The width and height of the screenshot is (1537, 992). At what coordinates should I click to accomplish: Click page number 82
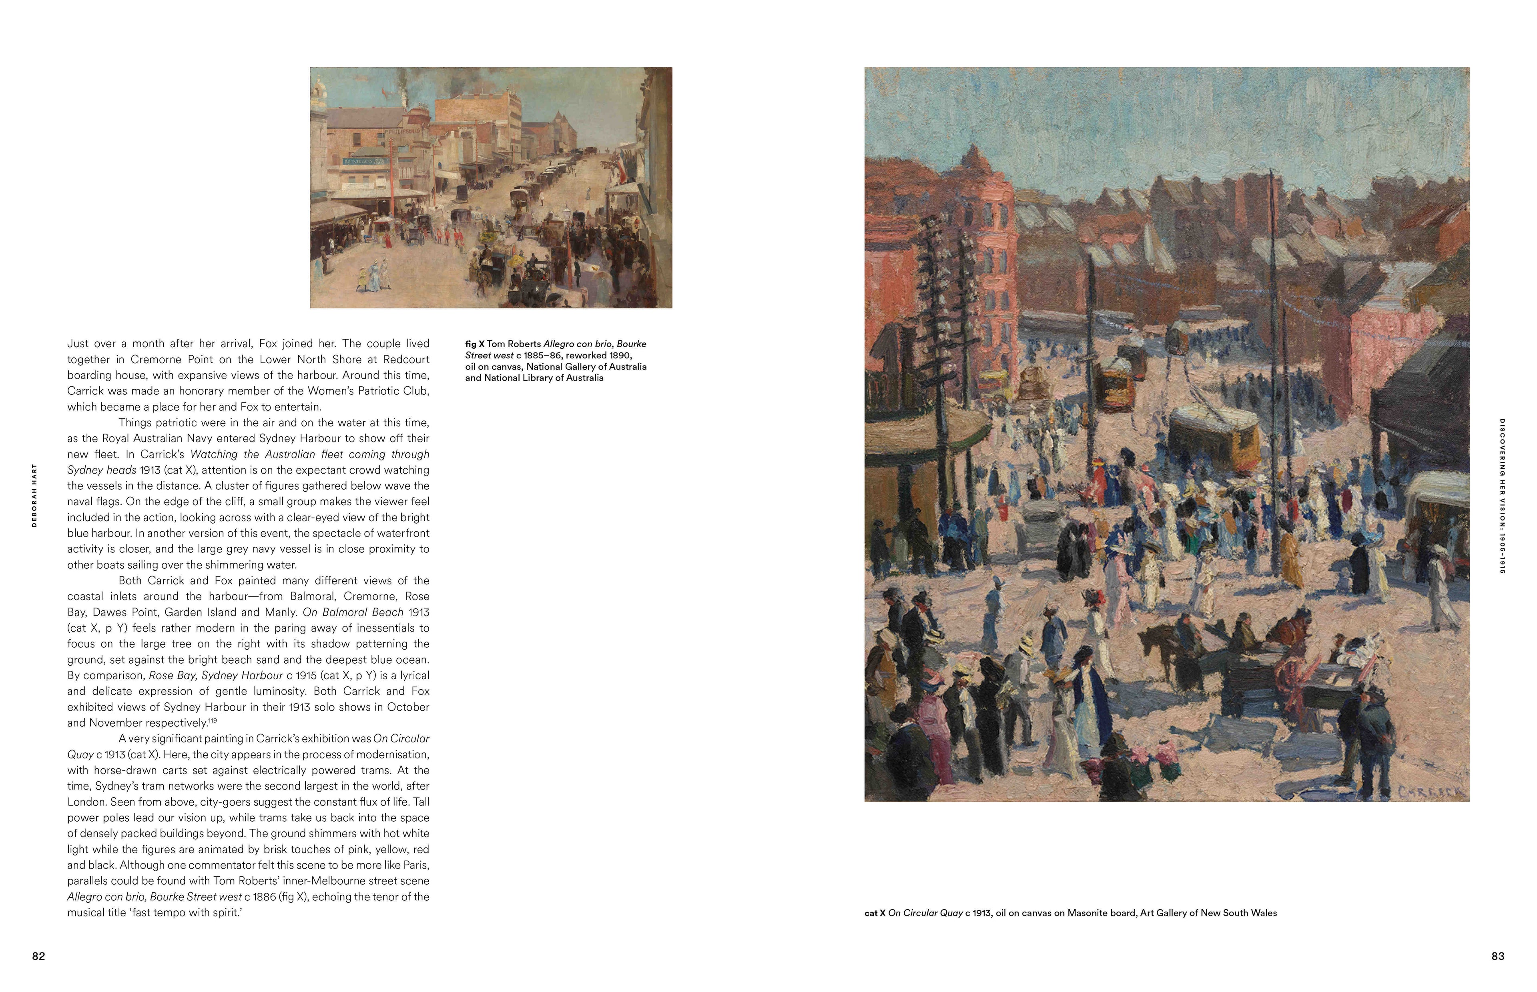coord(39,956)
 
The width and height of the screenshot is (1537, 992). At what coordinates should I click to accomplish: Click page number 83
coord(1498,956)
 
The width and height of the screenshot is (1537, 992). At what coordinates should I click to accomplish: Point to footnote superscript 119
coord(212,720)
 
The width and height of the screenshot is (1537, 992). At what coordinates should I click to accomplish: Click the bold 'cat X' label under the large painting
coord(875,913)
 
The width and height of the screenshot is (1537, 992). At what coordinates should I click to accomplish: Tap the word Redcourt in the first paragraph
coord(406,360)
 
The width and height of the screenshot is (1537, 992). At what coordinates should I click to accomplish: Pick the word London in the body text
coord(87,802)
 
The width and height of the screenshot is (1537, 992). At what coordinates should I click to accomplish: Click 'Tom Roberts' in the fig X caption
coord(514,344)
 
